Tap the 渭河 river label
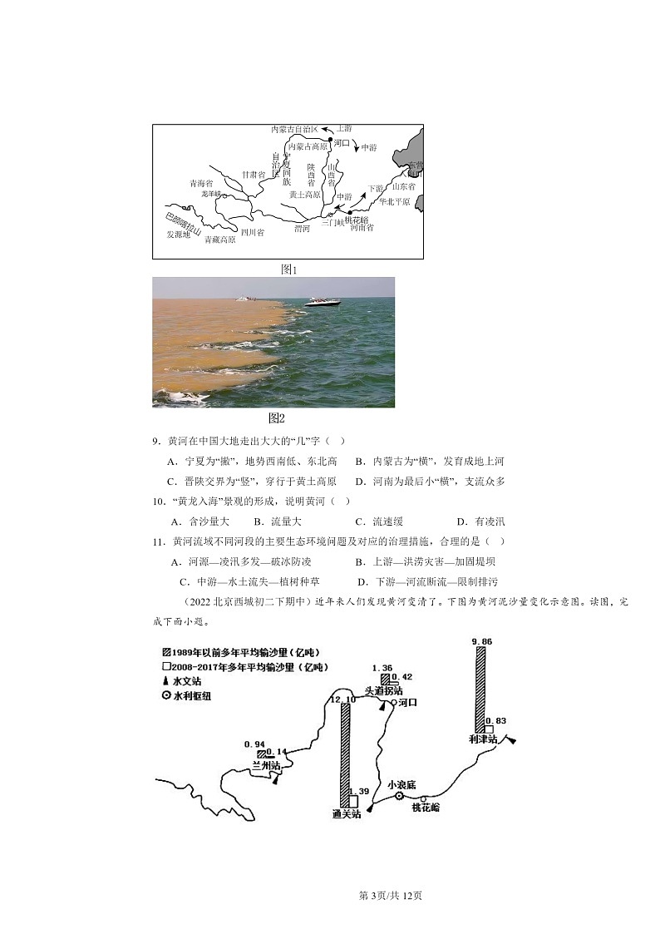tap(302, 228)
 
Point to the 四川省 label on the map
tap(252, 233)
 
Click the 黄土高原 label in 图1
tap(304, 195)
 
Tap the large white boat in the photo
tap(322, 302)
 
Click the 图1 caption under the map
tap(288, 269)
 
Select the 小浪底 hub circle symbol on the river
tap(399, 796)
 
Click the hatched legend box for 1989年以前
tap(166, 652)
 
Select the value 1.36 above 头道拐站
tap(382, 668)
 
